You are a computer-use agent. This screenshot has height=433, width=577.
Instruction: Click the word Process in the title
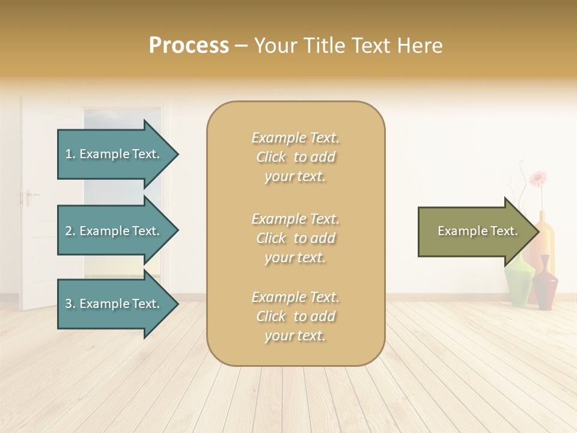click(x=189, y=46)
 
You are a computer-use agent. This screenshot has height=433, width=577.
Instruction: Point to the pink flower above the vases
click(x=538, y=179)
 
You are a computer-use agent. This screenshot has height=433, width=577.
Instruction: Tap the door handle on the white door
click(x=28, y=195)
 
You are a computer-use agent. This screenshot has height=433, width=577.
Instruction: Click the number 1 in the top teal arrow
click(x=69, y=155)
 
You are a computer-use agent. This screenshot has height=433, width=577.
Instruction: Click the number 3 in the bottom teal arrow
click(x=69, y=304)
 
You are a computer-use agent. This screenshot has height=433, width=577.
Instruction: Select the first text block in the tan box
click(x=295, y=158)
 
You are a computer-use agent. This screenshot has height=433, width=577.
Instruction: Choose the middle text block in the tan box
click(x=295, y=238)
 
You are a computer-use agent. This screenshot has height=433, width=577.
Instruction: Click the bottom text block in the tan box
click(x=295, y=316)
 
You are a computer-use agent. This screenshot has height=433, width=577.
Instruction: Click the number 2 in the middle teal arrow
click(x=69, y=232)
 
